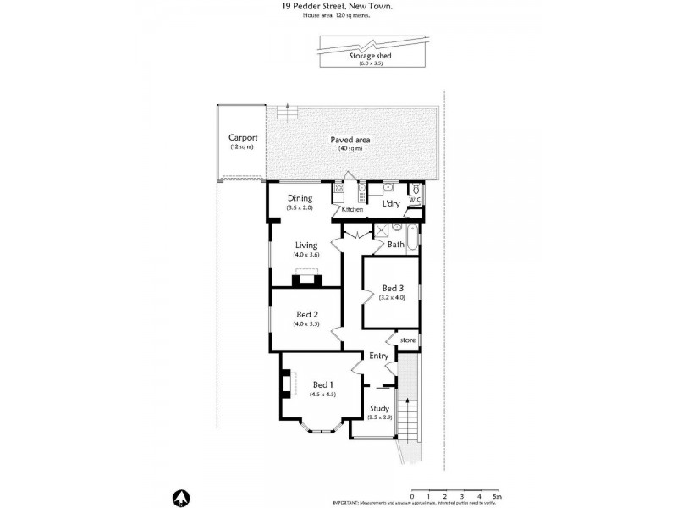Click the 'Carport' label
(242, 138)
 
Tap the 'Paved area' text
(350, 140)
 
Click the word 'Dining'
(300, 198)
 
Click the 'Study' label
(379, 408)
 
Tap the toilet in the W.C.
(415, 190)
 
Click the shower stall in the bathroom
(382, 229)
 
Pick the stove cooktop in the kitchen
(361, 190)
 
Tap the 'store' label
(408, 340)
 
